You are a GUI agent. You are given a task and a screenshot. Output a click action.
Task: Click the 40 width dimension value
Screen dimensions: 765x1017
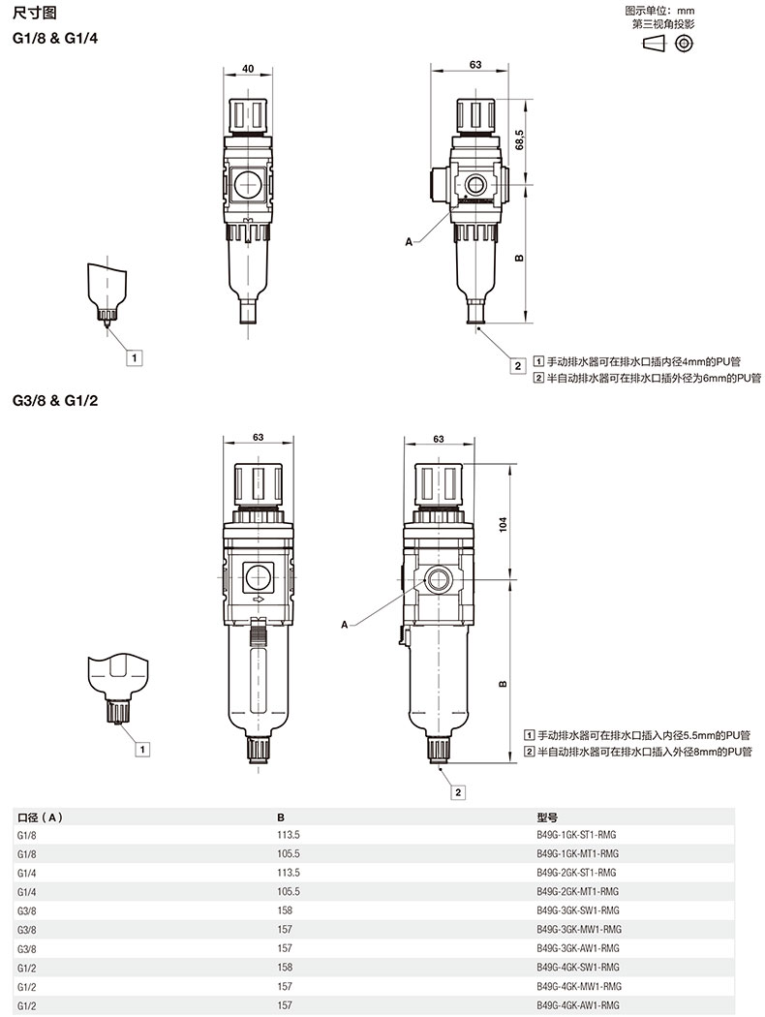[x=248, y=69]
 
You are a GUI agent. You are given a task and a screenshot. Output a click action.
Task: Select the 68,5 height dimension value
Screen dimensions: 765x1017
[x=519, y=139]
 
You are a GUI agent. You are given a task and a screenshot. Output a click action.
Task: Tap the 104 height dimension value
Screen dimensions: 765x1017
[x=504, y=524]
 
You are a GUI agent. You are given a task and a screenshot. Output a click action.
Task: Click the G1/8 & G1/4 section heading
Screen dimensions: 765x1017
[x=55, y=39]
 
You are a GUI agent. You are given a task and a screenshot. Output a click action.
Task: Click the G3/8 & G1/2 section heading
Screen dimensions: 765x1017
[x=55, y=400]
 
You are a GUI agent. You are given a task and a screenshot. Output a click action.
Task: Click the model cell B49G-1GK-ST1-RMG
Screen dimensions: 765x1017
[x=576, y=835]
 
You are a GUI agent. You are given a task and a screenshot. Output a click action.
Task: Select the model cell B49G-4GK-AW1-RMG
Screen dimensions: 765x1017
[x=578, y=1005]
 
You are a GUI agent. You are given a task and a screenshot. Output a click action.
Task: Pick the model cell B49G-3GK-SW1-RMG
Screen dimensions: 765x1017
[x=578, y=910]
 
